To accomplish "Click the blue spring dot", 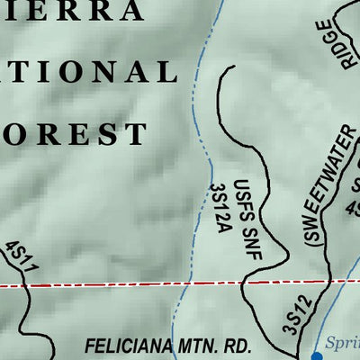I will pyautogui.click(x=316, y=355).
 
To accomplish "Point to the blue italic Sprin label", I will pyautogui.click(x=342, y=344).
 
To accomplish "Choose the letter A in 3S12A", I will pyautogui.click(x=219, y=229).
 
